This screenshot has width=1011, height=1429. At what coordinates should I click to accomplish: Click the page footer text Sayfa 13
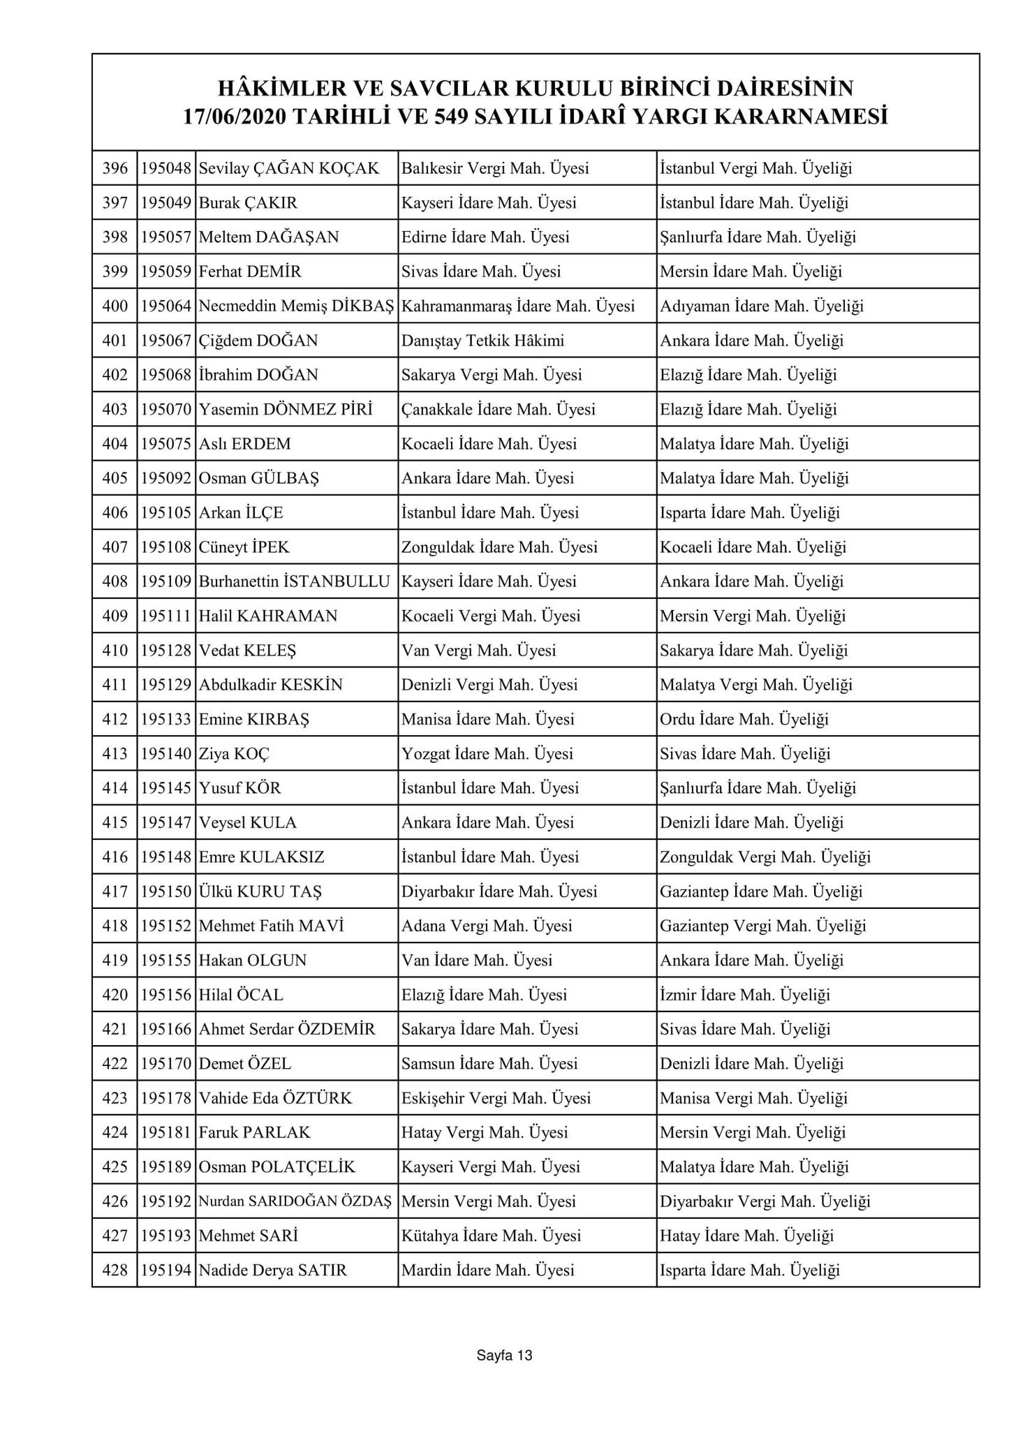click(x=504, y=1355)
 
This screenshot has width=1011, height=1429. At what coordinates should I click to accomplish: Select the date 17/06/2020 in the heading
click(x=233, y=117)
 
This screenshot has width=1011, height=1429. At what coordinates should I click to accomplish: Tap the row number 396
click(x=115, y=168)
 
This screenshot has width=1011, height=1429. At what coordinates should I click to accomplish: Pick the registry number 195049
click(x=166, y=203)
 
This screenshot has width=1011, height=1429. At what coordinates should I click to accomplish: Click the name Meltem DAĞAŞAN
click(x=269, y=237)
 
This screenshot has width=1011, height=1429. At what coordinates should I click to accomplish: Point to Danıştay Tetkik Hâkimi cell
click(x=482, y=341)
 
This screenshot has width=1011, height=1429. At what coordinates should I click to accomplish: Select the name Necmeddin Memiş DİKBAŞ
click(x=296, y=306)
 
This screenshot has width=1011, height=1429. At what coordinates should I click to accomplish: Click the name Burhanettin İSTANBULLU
click(x=294, y=582)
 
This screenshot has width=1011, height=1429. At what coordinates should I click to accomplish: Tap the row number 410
click(x=115, y=651)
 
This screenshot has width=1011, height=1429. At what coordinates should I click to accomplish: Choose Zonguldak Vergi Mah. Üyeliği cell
click(x=765, y=857)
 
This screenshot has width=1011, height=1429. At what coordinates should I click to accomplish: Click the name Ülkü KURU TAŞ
click(x=260, y=891)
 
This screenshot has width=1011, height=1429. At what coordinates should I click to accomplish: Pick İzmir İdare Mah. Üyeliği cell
click(x=745, y=995)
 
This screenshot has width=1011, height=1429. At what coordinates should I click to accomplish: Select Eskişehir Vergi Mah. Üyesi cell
click(x=496, y=1098)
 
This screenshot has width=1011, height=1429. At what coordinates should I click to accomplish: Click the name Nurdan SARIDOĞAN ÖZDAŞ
click(x=295, y=1201)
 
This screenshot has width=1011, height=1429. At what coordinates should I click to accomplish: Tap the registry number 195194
click(x=166, y=1271)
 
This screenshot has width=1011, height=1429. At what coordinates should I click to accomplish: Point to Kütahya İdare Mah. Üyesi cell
click(x=491, y=1236)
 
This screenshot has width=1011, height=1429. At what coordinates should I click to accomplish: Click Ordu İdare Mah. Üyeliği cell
click(x=744, y=719)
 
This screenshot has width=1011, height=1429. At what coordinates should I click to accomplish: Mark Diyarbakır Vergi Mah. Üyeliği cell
click(x=765, y=1201)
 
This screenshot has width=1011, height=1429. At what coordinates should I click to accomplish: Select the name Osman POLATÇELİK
click(x=277, y=1167)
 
